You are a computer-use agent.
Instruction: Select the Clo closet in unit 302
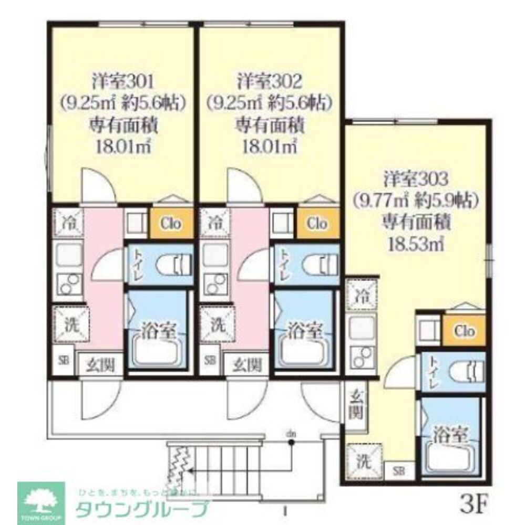(x=317, y=224)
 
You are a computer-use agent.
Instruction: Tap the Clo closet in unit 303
(x=464, y=331)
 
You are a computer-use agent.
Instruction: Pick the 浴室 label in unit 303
(x=450, y=434)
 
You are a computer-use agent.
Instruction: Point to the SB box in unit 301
(x=63, y=361)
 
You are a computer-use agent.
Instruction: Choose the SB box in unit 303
(x=398, y=470)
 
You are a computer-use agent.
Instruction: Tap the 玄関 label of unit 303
(x=357, y=405)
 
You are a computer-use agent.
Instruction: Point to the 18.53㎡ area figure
(x=415, y=244)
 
